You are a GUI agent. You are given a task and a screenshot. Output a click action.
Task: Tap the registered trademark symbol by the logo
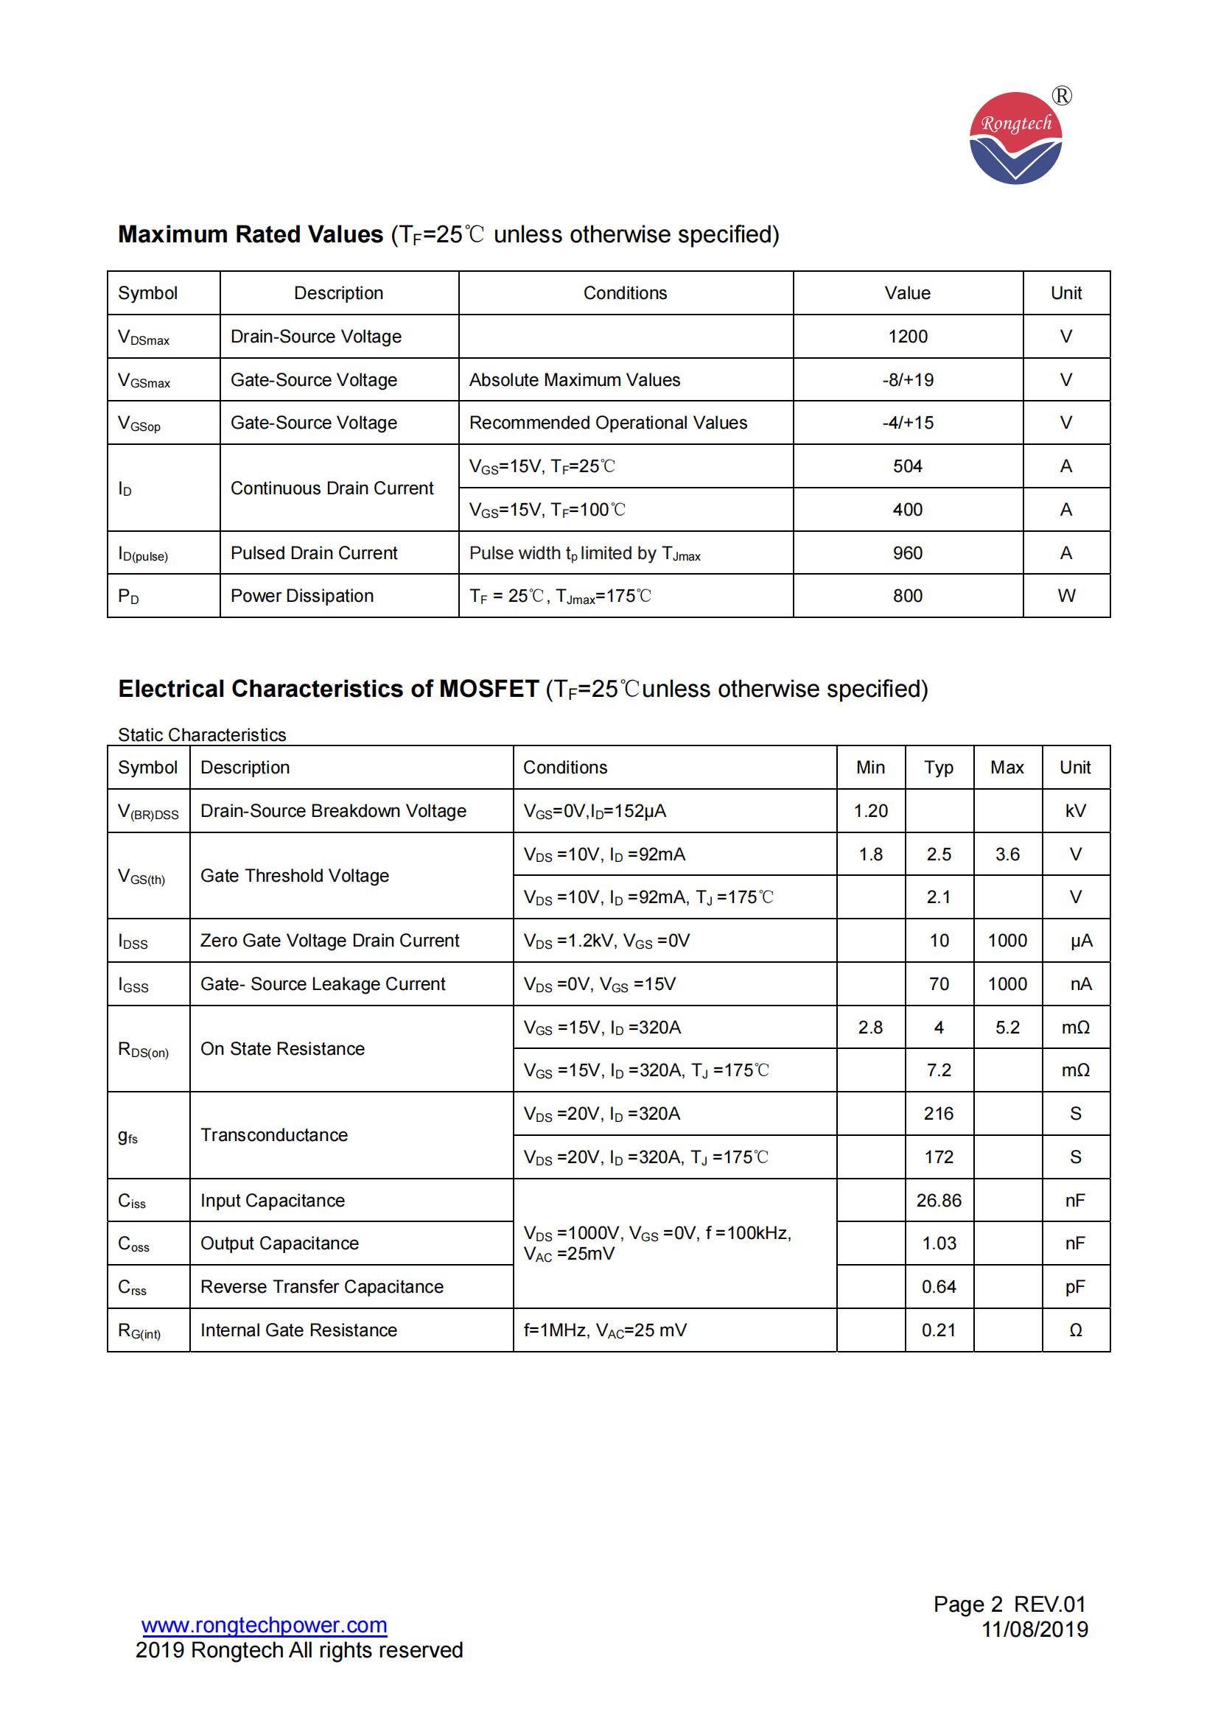[x=1062, y=96]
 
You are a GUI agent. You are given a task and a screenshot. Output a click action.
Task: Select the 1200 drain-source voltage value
[x=907, y=337]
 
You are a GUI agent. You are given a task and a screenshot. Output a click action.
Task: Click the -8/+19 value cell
[x=907, y=379]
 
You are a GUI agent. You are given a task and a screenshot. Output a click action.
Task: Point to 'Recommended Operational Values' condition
[x=608, y=424]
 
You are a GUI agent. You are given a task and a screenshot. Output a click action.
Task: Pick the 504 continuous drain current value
[x=907, y=467]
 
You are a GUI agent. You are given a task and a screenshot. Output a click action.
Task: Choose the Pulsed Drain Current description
[x=314, y=553]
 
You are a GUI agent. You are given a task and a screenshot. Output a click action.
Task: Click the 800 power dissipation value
[x=907, y=596]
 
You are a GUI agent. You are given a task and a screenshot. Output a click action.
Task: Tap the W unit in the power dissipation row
[x=1065, y=596]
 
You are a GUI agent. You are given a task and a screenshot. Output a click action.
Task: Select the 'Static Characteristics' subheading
[x=202, y=734]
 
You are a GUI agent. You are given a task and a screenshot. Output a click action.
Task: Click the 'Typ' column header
[x=938, y=768]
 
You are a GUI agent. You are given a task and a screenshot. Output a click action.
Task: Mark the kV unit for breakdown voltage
[x=1074, y=811]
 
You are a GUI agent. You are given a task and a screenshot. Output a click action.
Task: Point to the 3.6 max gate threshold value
[x=1007, y=855]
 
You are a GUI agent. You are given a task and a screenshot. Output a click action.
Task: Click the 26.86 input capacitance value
[x=938, y=1201]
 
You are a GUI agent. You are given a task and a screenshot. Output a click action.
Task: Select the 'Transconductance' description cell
[x=274, y=1135]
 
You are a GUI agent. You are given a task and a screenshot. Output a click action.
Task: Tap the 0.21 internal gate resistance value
[x=938, y=1330]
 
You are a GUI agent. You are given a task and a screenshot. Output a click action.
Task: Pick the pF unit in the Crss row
[x=1074, y=1287]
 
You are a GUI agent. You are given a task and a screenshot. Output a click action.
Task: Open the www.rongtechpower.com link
[x=265, y=1625]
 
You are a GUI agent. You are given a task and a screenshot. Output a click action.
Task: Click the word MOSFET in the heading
[x=489, y=689]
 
